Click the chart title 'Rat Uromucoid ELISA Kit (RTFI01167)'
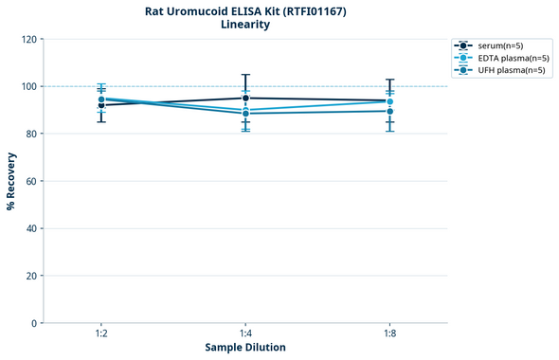[245, 10]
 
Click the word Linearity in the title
[245, 25]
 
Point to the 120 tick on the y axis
[29, 39]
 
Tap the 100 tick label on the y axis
[29, 86]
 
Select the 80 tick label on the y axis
[31, 134]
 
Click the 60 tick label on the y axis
[31, 181]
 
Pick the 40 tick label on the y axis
[31, 228]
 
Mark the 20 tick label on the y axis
[31, 276]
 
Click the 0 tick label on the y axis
[34, 323]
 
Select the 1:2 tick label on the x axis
[101, 334]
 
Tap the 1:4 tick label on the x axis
[245, 334]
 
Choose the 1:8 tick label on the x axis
[389, 334]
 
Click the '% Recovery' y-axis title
[11, 181]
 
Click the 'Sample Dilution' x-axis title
[245, 348]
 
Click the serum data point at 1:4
[245, 98]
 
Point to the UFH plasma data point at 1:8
[389, 111]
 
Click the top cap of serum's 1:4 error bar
[245, 75]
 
